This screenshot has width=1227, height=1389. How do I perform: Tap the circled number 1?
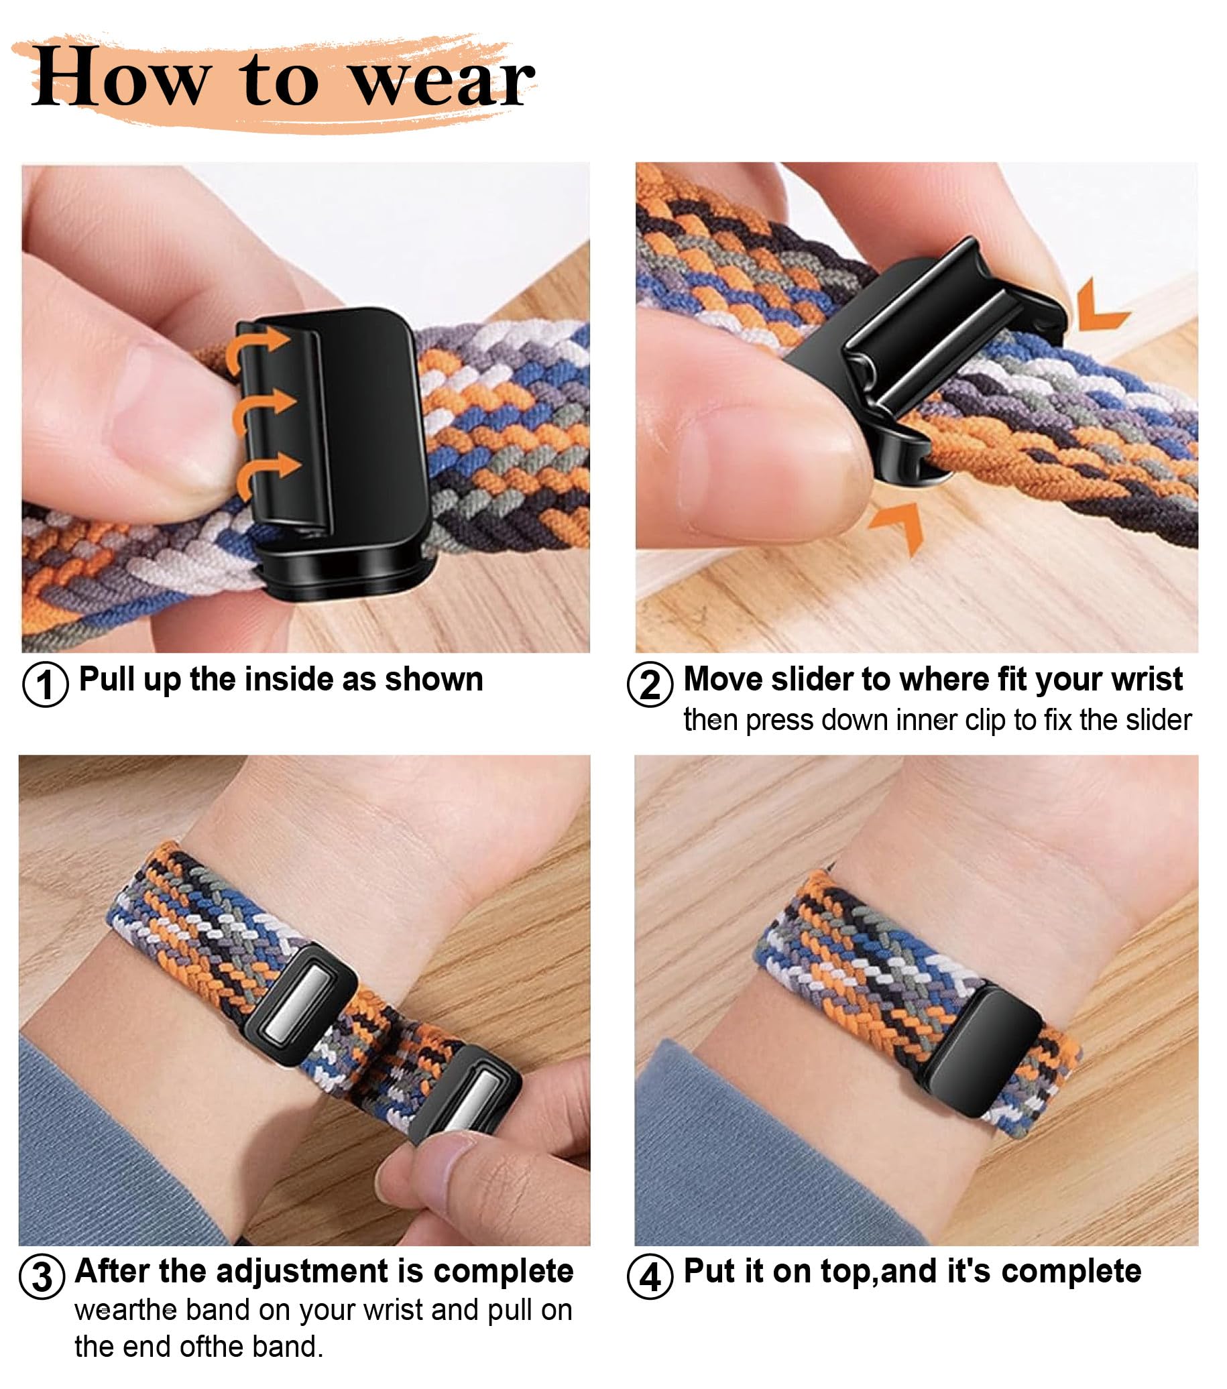point(46,684)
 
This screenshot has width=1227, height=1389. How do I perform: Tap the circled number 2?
point(650,684)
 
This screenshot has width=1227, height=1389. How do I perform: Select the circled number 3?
point(42,1277)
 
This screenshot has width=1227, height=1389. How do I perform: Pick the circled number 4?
point(650,1277)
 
